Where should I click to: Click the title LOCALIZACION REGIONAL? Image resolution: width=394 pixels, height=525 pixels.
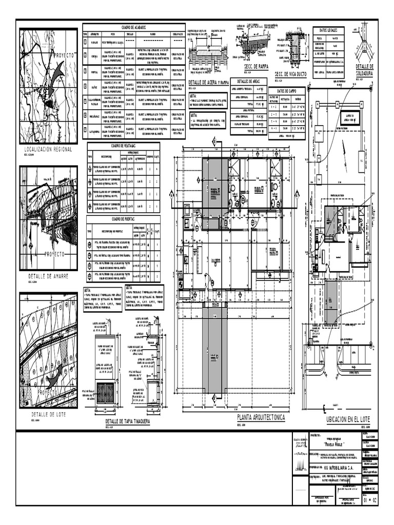(49, 149)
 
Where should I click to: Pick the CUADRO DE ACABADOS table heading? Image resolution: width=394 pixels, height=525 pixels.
(134, 27)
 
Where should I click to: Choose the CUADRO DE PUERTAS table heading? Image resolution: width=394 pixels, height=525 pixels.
(123, 219)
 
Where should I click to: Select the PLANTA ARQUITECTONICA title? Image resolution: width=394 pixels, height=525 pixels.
(260, 418)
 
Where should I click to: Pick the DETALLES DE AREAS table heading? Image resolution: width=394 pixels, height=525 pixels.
(248, 82)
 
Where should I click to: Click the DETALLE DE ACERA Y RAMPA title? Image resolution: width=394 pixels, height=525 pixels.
(209, 82)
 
